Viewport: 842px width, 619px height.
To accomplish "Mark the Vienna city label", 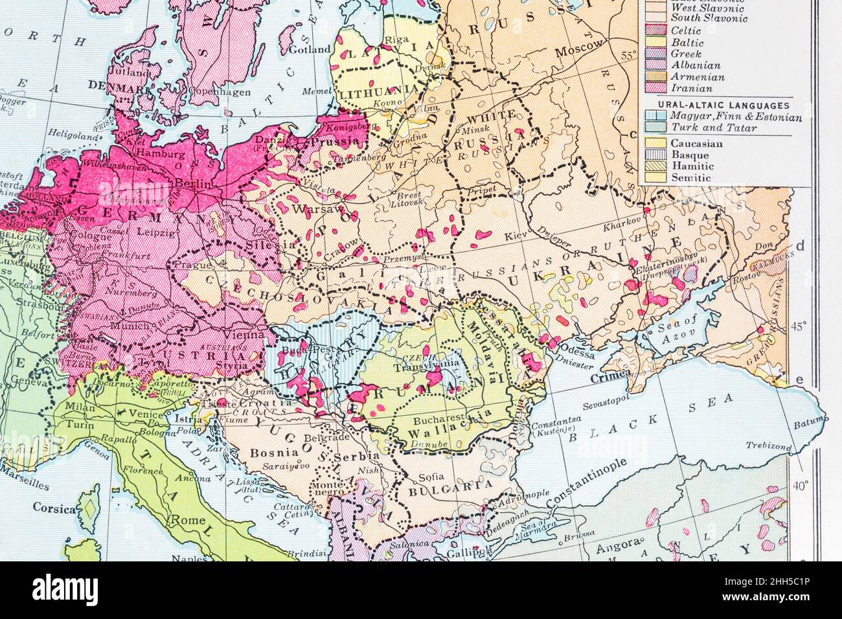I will pos(245,335).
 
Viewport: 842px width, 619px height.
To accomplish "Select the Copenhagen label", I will pos(202,92).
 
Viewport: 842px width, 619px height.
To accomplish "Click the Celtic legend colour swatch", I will pos(654,30).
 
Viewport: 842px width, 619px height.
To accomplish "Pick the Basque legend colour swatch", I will pos(654,155).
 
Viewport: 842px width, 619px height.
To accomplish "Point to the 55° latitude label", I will pos(628,56).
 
